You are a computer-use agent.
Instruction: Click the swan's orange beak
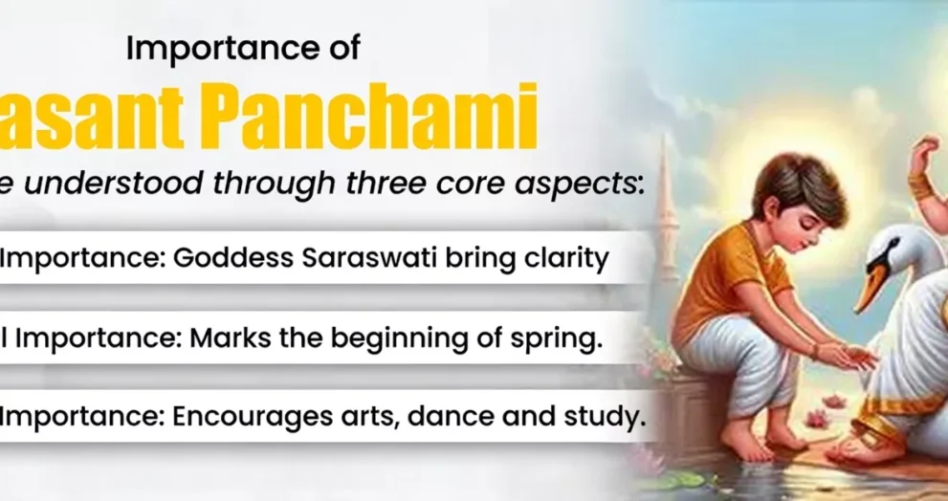click(x=870, y=287)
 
